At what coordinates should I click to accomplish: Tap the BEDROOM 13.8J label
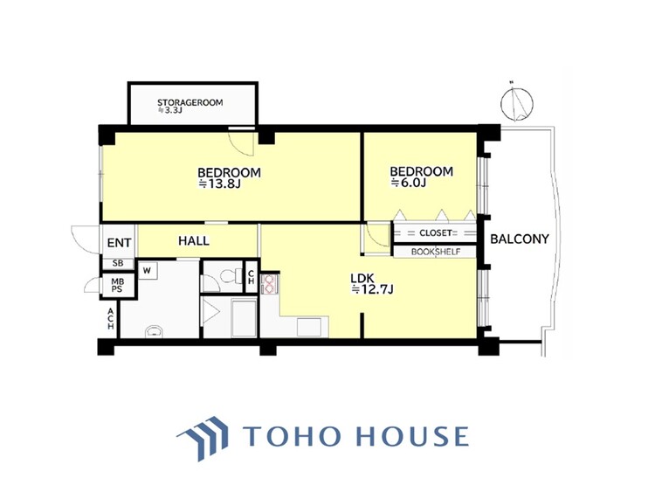[x=230, y=178]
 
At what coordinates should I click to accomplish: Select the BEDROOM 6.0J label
[x=421, y=177]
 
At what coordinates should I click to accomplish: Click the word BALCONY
[x=519, y=239]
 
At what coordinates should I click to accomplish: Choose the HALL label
[x=193, y=240]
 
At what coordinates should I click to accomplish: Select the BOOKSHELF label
[x=434, y=252]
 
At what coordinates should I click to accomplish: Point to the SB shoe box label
[x=117, y=263]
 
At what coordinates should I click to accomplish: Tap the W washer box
[x=146, y=270]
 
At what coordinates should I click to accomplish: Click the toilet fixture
[x=229, y=278]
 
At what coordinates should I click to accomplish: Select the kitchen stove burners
[x=269, y=283]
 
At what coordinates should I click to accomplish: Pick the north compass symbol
[x=518, y=103]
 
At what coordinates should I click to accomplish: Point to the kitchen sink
[x=310, y=327]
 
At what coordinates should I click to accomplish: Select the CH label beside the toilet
[x=251, y=276]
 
